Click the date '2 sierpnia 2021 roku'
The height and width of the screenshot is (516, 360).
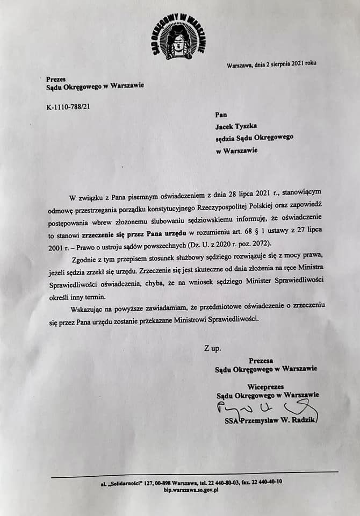(x=290, y=63)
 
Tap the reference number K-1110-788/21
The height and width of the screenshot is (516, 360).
(x=68, y=106)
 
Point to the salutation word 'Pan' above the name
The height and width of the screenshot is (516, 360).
(x=221, y=114)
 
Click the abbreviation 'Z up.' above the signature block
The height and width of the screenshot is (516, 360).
(x=212, y=348)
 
